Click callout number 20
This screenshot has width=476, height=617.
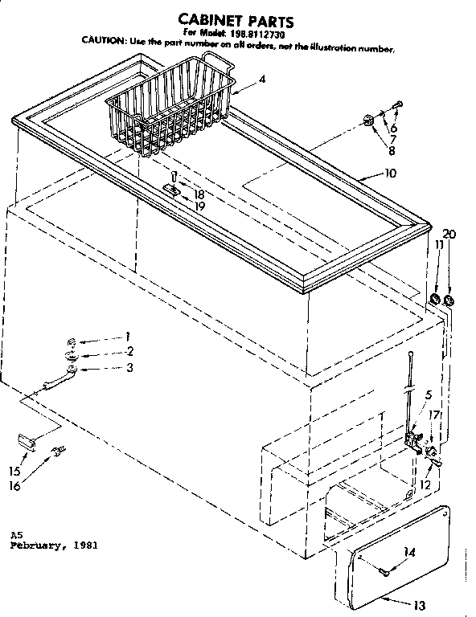click(449, 234)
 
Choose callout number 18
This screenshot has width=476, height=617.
click(198, 194)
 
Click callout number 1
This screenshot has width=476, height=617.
click(127, 336)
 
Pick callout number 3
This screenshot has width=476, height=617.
click(129, 367)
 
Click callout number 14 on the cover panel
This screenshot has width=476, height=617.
click(410, 552)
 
